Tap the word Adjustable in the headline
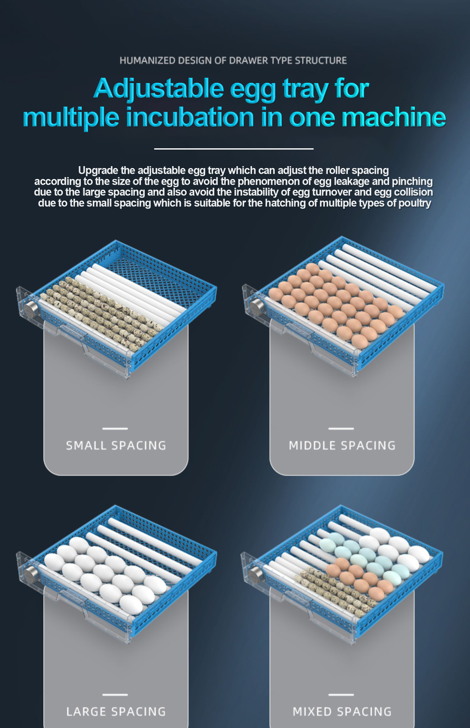(158, 89)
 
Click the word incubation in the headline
(190, 118)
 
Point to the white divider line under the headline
(234, 149)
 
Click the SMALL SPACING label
(116, 446)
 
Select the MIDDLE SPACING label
(342, 446)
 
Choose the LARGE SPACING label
(116, 712)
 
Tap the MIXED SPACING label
(342, 712)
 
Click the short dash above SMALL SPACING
(115, 429)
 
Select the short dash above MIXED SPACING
(341, 695)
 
